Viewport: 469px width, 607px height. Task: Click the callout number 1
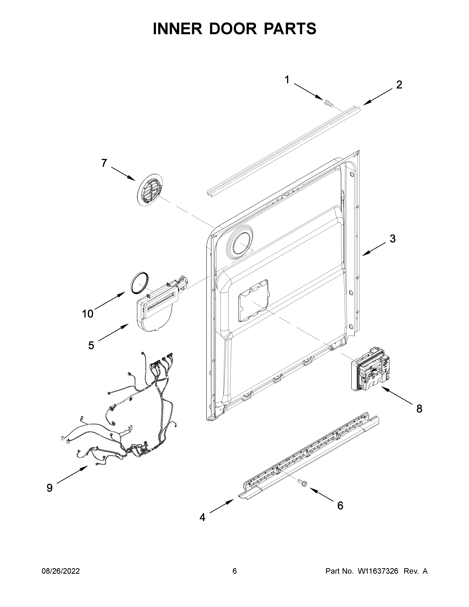pos(287,80)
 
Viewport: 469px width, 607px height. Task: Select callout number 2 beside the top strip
pos(399,85)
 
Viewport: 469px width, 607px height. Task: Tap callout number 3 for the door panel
pos(392,238)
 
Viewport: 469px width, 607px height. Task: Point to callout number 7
pos(104,163)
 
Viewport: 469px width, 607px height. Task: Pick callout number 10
pos(88,314)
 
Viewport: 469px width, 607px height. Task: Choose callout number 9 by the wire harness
pos(49,488)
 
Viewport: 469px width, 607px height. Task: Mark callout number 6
pos(340,505)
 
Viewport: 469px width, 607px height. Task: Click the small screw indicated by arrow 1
pos(329,104)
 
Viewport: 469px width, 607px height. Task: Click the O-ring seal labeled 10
pos(139,283)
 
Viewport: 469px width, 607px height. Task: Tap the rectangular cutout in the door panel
pos(253,300)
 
